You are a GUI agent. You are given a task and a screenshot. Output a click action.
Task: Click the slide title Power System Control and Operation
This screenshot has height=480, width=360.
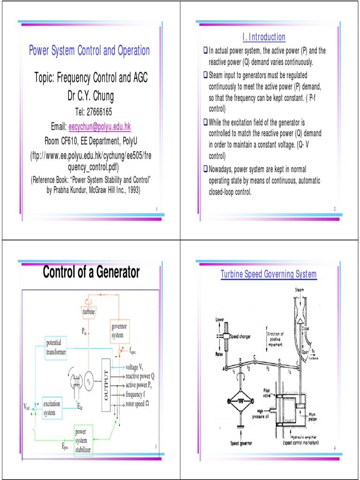[90, 51]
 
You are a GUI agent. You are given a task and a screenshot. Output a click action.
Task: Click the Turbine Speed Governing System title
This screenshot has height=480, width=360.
[269, 274]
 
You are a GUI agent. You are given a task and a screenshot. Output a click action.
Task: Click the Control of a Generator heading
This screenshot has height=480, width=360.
[91, 272]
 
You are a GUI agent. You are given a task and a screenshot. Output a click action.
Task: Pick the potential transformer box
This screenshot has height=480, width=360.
[57, 347]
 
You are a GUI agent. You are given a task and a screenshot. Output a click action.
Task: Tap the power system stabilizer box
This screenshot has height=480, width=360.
[84, 441]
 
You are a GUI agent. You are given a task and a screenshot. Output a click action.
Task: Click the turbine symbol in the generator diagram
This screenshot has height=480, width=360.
[89, 311]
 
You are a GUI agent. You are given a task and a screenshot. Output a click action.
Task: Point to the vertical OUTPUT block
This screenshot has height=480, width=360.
[106, 382]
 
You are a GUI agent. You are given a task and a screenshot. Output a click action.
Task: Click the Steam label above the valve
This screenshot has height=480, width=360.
[299, 290]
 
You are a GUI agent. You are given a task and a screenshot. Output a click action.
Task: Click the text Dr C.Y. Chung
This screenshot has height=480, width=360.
[90, 97]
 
